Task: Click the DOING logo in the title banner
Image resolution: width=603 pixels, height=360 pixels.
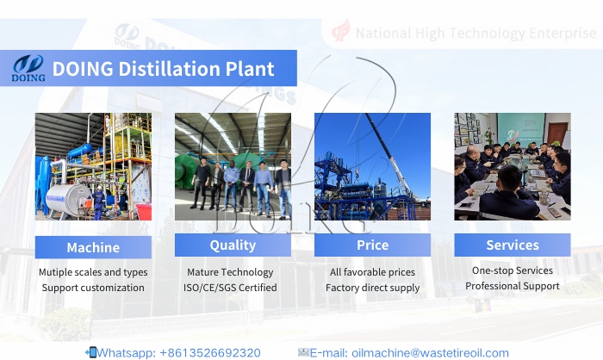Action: [x=28, y=68]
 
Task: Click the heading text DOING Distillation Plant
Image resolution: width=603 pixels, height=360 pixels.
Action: [x=163, y=69]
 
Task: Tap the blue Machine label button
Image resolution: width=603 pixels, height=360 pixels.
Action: [x=93, y=247]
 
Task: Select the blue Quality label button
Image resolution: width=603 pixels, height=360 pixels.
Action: [x=233, y=245]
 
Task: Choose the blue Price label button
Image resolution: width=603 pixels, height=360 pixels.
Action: [x=372, y=245]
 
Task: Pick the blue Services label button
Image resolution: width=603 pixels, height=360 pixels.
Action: [x=512, y=245]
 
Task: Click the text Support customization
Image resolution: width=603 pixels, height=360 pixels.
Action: [x=93, y=288]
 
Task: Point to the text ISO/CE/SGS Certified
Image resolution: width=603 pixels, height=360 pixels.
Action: [x=233, y=288]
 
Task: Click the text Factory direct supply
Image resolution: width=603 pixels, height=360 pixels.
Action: [x=372, y=288]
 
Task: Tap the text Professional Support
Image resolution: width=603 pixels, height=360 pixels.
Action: [x=512, y=285]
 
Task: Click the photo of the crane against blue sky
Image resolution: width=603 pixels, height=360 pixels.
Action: [x=372, y=166]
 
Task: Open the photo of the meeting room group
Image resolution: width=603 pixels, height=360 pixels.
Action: [x=512, y=166]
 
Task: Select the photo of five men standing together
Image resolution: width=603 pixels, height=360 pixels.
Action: [x=233, y=166]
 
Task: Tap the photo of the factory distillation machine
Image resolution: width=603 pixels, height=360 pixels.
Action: [x=93, y=166]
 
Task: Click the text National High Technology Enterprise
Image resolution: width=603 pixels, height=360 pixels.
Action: [x=476, y=34]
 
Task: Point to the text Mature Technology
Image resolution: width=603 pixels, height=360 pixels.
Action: [x=233, y=272]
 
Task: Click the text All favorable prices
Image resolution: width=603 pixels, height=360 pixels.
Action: [x=372, y=272]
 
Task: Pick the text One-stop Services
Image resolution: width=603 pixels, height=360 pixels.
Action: [x=512, y=270]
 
